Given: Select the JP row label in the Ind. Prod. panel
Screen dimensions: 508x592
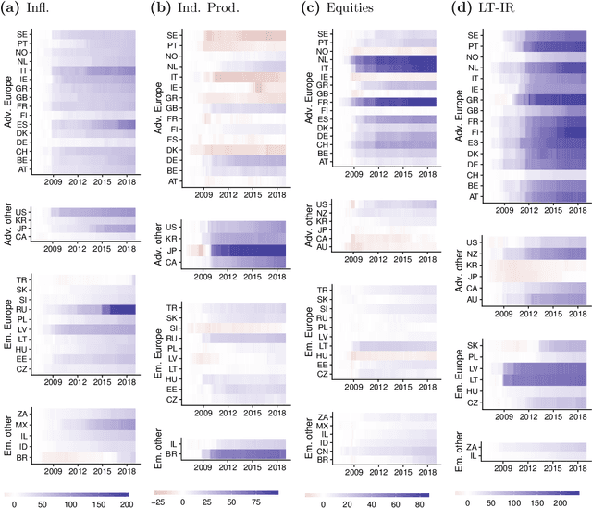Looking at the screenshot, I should (172, 250).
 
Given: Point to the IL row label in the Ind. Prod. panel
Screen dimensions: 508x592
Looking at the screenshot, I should (174, 443).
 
